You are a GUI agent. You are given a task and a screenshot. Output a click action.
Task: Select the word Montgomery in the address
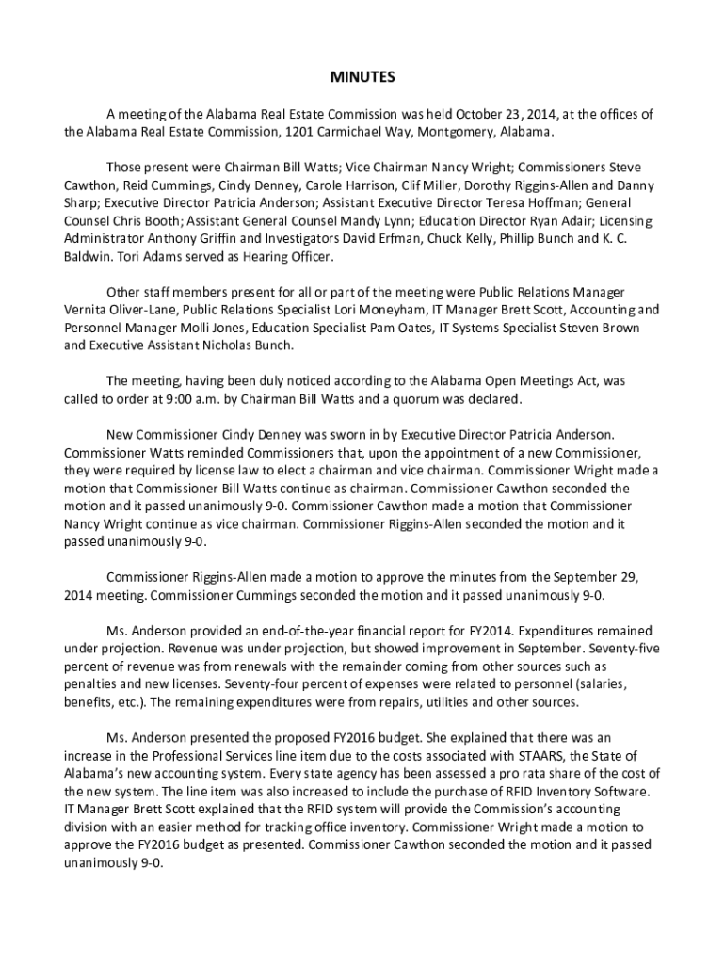457,131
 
